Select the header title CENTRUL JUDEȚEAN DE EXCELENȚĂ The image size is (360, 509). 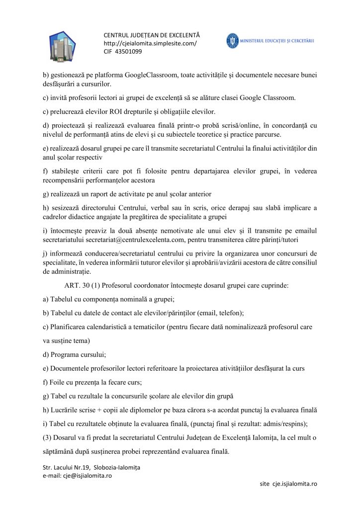coord(152,35)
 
